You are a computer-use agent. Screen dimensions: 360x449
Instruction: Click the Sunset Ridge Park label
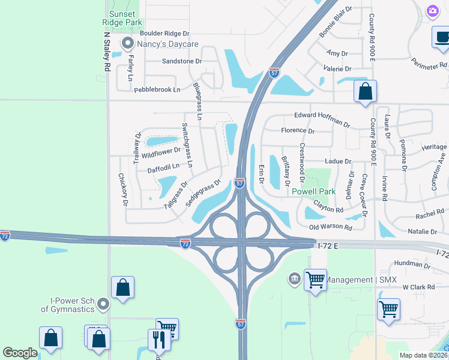pos(125,18)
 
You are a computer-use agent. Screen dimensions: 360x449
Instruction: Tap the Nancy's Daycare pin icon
pos(127,44)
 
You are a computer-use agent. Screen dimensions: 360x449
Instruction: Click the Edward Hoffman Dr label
pos(322,119)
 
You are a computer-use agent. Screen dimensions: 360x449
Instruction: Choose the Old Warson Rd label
pos(330,227)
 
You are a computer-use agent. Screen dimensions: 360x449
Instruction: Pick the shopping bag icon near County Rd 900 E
pos(365,92)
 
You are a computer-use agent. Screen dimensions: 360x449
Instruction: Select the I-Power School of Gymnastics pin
pos(103,305)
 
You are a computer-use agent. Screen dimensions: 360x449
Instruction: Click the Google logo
pos(20,353)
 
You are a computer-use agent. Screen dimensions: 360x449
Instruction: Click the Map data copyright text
pos(423,355)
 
